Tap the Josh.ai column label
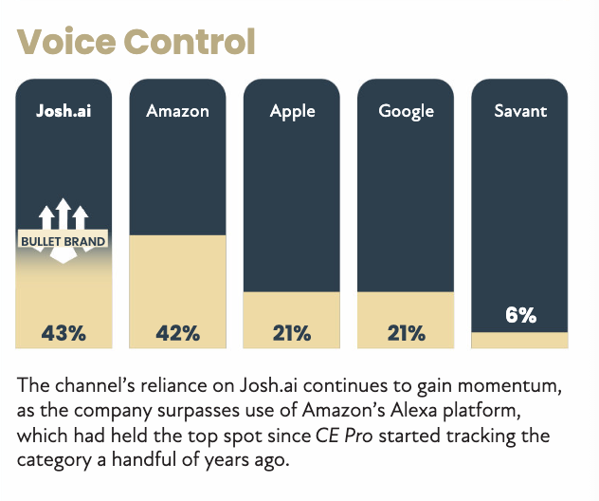[64, 111]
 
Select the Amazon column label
[177, 111]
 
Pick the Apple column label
[292, 111]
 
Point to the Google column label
[406, 111]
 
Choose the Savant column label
[520, 111]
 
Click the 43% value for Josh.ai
[64, 333]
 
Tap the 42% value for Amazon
[177, 333]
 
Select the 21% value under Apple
[292, 333]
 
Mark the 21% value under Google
[406, 333]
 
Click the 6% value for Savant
[520, 315]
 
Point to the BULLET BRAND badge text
[64, 241]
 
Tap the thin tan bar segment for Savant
[520, 340]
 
